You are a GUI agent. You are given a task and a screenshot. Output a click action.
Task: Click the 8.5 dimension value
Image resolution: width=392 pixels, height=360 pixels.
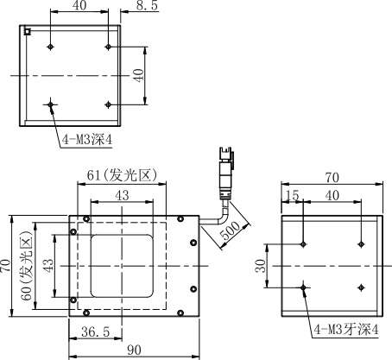(147, 5)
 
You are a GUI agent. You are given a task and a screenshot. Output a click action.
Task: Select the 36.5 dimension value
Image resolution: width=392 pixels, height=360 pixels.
(95, 332)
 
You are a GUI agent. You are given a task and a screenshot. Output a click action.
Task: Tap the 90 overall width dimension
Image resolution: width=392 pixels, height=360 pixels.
(134, 350)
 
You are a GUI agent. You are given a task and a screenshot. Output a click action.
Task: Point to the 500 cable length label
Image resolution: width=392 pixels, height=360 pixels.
(231, 231)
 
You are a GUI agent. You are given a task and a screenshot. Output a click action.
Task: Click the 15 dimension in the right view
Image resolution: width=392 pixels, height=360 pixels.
(293, 195)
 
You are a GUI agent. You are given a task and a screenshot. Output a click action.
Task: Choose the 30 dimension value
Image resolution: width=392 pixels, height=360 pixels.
(261, 266)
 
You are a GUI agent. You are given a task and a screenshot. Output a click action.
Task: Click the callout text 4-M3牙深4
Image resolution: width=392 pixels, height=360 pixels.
(346, 330)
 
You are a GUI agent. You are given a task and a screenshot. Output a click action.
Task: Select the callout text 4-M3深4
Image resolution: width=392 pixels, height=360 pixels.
(87, 140)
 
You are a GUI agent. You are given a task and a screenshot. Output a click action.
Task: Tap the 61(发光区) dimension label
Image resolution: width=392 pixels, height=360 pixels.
(122, 174)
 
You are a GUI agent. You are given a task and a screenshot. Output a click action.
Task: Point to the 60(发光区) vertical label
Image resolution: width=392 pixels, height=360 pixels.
(27, 265)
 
